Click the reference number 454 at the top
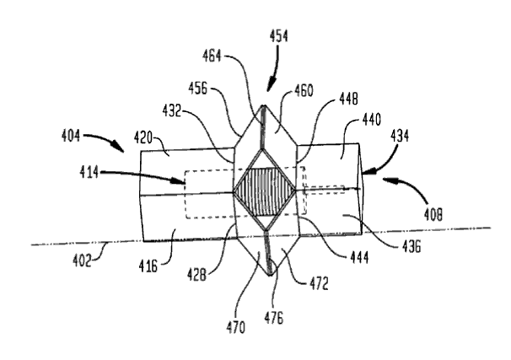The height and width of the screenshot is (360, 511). tap(278, 36)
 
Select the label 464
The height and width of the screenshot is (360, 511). tap(212, 56)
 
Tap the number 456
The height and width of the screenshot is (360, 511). tap(198, 88)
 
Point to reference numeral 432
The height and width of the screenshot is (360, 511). tap(172, 111)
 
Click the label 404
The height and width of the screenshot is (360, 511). tap(71, 135)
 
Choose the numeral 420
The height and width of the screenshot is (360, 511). tap(143, 138)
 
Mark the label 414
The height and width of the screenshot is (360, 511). tap(89, 172)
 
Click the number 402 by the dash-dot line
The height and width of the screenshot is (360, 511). tap(82, 261)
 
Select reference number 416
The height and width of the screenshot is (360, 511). tap(148, 266)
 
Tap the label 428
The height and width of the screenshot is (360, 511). tap(196, 276)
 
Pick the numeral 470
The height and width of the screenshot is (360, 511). tap(235, 327)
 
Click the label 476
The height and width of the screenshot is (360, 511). tap(273, 318)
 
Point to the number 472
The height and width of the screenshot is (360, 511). tap(319, 284)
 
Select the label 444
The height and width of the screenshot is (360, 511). tap(359, 258)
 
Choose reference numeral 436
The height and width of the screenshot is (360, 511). tap(411, 247)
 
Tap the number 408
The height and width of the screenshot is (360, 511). tap(433, 215)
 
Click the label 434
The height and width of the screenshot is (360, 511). tap(400, 136)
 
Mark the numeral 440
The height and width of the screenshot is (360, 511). tap(372, 120)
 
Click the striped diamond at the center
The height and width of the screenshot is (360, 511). tap(265, 191)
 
